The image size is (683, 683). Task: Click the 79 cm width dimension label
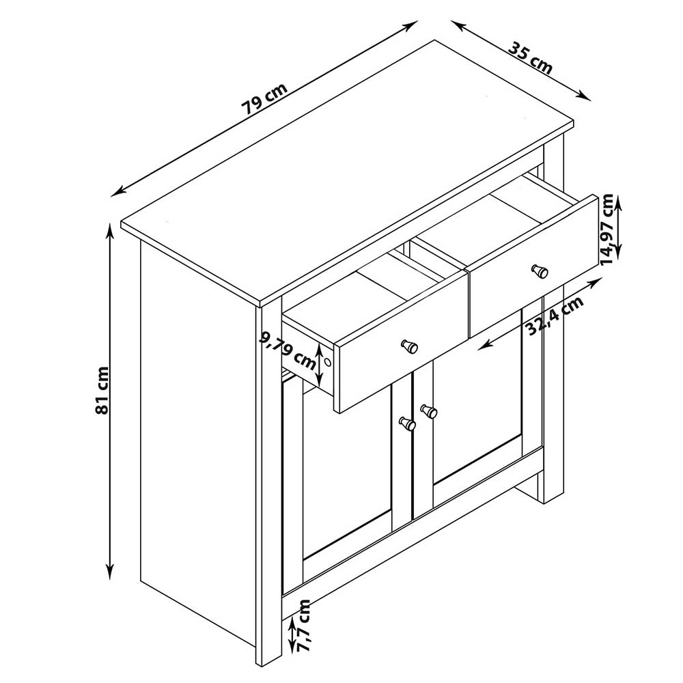coord(264,98)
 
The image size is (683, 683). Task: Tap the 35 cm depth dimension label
coord(531,57)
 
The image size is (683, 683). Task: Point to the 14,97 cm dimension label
coord(607,229)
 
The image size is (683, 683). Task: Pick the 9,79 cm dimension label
coord(288,349)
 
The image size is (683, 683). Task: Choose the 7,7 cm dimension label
coord(303,625)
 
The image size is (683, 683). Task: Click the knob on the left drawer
coord(409,347)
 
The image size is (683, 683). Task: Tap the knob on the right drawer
coord(540,271)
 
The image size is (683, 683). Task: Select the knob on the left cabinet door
coord(408,423)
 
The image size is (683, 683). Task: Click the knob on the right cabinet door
coord(429,410)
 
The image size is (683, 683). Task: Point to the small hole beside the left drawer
coord(328,362)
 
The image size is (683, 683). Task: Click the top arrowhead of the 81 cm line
coord(110,229)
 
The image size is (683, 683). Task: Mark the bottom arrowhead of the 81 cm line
coord(110,572)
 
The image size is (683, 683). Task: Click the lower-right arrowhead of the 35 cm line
coord(584,96)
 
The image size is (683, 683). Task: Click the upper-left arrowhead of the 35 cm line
coord(458,25)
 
